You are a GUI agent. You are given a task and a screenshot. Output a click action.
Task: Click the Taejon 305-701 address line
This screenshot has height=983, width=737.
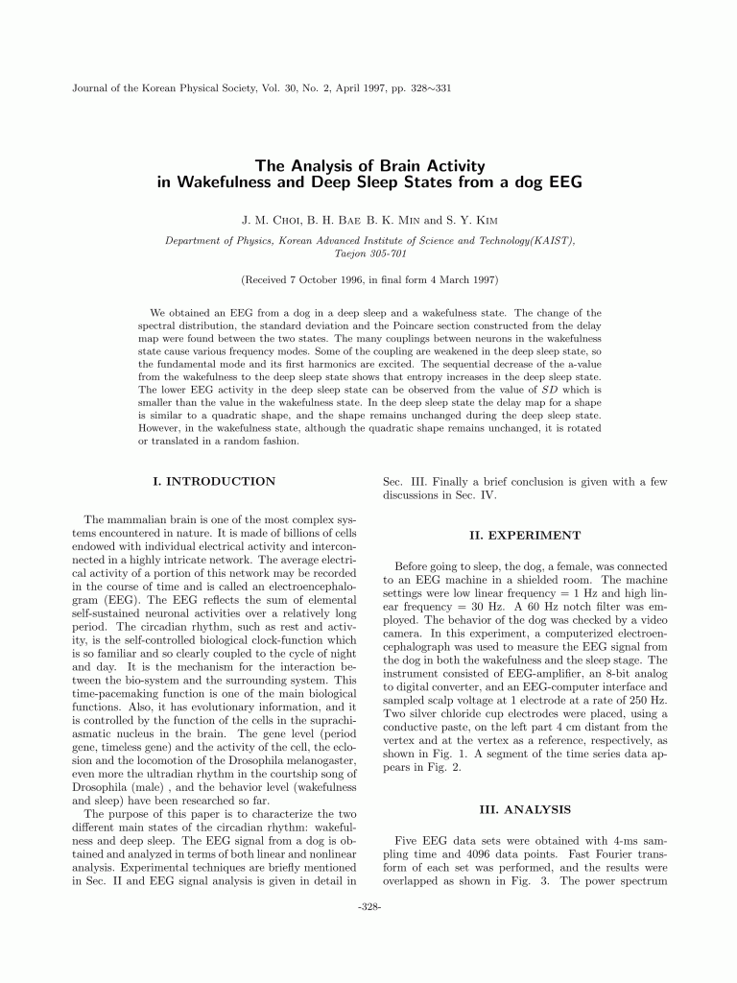pyautogui.click(x=368, y=254)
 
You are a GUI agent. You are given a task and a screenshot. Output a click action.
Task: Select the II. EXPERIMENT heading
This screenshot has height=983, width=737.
pyautogui.click(x=524, y=535)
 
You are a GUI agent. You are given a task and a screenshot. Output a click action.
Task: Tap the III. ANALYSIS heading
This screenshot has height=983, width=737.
pyautogui.click(x=524, y=809)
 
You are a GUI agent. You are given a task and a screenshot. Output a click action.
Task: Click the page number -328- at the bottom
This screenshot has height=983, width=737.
pyautogui.click(x=368, y=906)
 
